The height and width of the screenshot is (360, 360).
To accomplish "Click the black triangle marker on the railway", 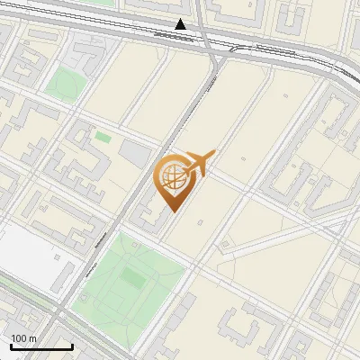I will coord(181,24).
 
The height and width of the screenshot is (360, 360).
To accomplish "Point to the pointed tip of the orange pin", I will coord(171,210).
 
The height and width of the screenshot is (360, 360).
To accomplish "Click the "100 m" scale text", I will coord(24,338).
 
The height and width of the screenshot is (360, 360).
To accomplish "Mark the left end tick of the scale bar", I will coord(10,346).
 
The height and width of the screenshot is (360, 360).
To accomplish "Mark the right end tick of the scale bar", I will coord(72,346).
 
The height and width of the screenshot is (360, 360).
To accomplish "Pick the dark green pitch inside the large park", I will coord(132,278).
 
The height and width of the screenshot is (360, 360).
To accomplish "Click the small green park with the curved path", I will coord(63,84).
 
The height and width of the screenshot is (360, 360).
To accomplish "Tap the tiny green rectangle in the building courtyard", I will coord(103,138).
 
